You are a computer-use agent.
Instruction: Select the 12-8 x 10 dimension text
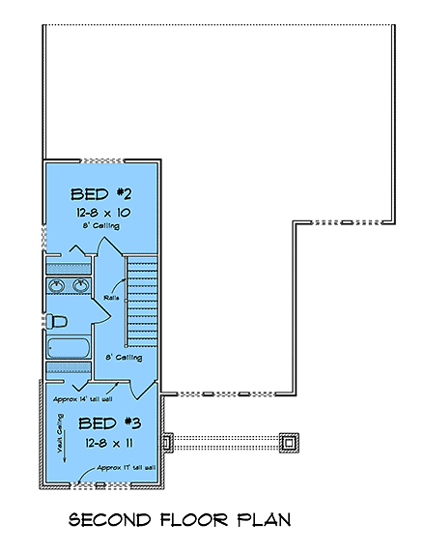pos(102,212)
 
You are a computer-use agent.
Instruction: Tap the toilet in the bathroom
pos(58,320)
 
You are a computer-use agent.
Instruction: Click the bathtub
pos(68,348)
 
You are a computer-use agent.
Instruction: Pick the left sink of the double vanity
pos(56,286)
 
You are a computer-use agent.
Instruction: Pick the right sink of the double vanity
pos(79,286)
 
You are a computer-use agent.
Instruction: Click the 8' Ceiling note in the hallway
pos(124,357)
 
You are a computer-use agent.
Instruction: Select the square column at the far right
pos(287,442)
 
